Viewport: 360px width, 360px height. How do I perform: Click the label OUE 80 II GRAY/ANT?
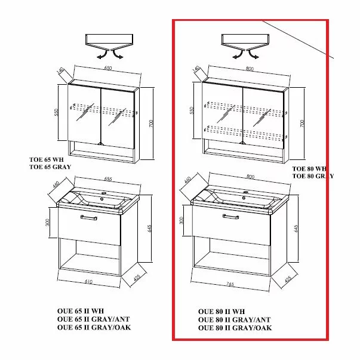coord(233,320)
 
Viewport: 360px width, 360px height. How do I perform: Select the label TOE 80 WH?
coord(309,169)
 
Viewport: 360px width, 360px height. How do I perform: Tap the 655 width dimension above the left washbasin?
coord(107,179)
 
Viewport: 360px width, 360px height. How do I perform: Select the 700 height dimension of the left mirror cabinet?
coord(152,124)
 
